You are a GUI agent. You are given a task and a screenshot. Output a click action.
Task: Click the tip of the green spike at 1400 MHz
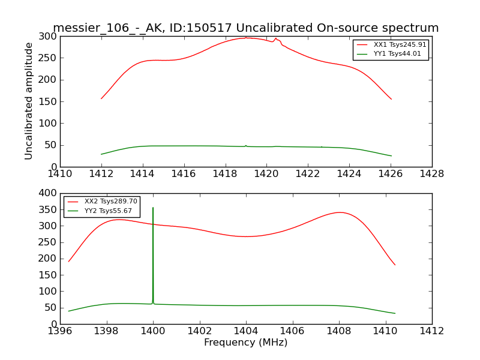(x=153, y=208)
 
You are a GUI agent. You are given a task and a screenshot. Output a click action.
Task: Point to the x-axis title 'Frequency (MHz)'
(x=245, y=343)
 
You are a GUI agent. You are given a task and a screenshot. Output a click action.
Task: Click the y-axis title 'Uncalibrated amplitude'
(x=29, y=101)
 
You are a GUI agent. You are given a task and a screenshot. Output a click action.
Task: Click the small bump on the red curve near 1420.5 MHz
(x=276, y=39)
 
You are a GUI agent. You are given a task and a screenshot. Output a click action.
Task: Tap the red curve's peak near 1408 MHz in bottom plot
(x=340, y=212)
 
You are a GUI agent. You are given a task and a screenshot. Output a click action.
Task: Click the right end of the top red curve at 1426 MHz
(x=391, y=99)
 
